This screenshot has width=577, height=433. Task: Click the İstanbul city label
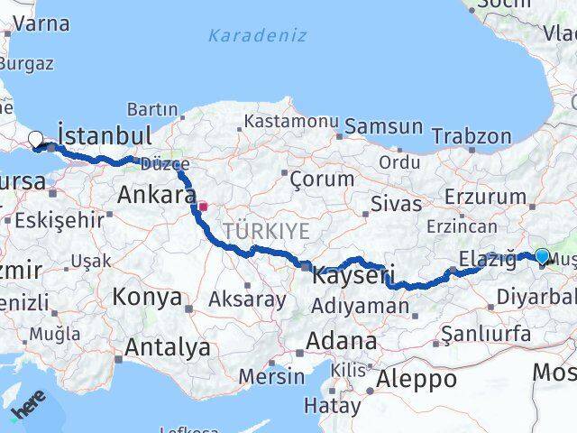point(104,136)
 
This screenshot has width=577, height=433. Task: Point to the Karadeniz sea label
point(257,36)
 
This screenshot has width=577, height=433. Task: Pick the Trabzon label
point(471,136)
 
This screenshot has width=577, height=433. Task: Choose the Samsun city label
point(383,127)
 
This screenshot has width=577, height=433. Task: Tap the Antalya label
point(168,347)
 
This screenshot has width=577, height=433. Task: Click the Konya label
point(147,297)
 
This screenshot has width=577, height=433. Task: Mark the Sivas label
point(396,205)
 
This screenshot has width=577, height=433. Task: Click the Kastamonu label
point(290,121)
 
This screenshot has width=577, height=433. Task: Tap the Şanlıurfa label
point(485,336)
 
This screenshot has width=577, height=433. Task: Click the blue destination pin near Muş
point(542,256)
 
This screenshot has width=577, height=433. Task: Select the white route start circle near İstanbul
point(35,139)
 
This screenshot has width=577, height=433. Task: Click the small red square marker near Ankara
point(204,206)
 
